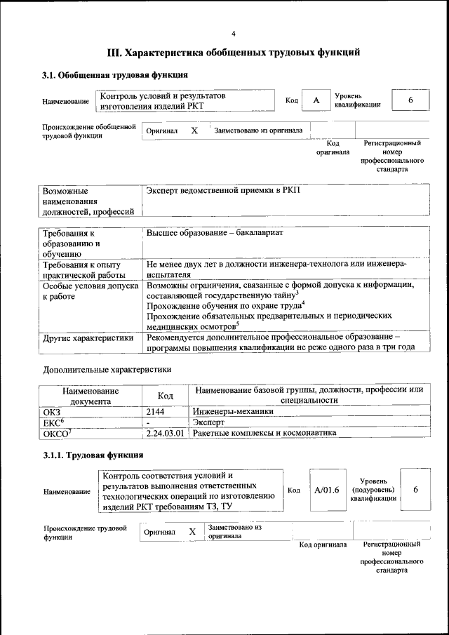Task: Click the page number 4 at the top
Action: [x=234, y=33]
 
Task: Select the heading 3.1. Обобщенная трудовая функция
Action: [x=114, y=76]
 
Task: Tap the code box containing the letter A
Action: [x=316, y=101]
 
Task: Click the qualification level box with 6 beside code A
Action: [x=410, y=101]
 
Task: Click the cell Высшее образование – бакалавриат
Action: [x=215, y=232]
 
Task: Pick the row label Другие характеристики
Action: [x=88, y=337]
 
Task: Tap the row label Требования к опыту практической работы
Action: [x=86, y=270]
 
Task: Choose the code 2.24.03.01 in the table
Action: [x=165, y=433]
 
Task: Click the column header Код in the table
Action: [x=165, y=395]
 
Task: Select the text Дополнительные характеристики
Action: [x=107, y=368]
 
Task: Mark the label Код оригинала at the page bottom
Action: [x=323, y=544]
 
